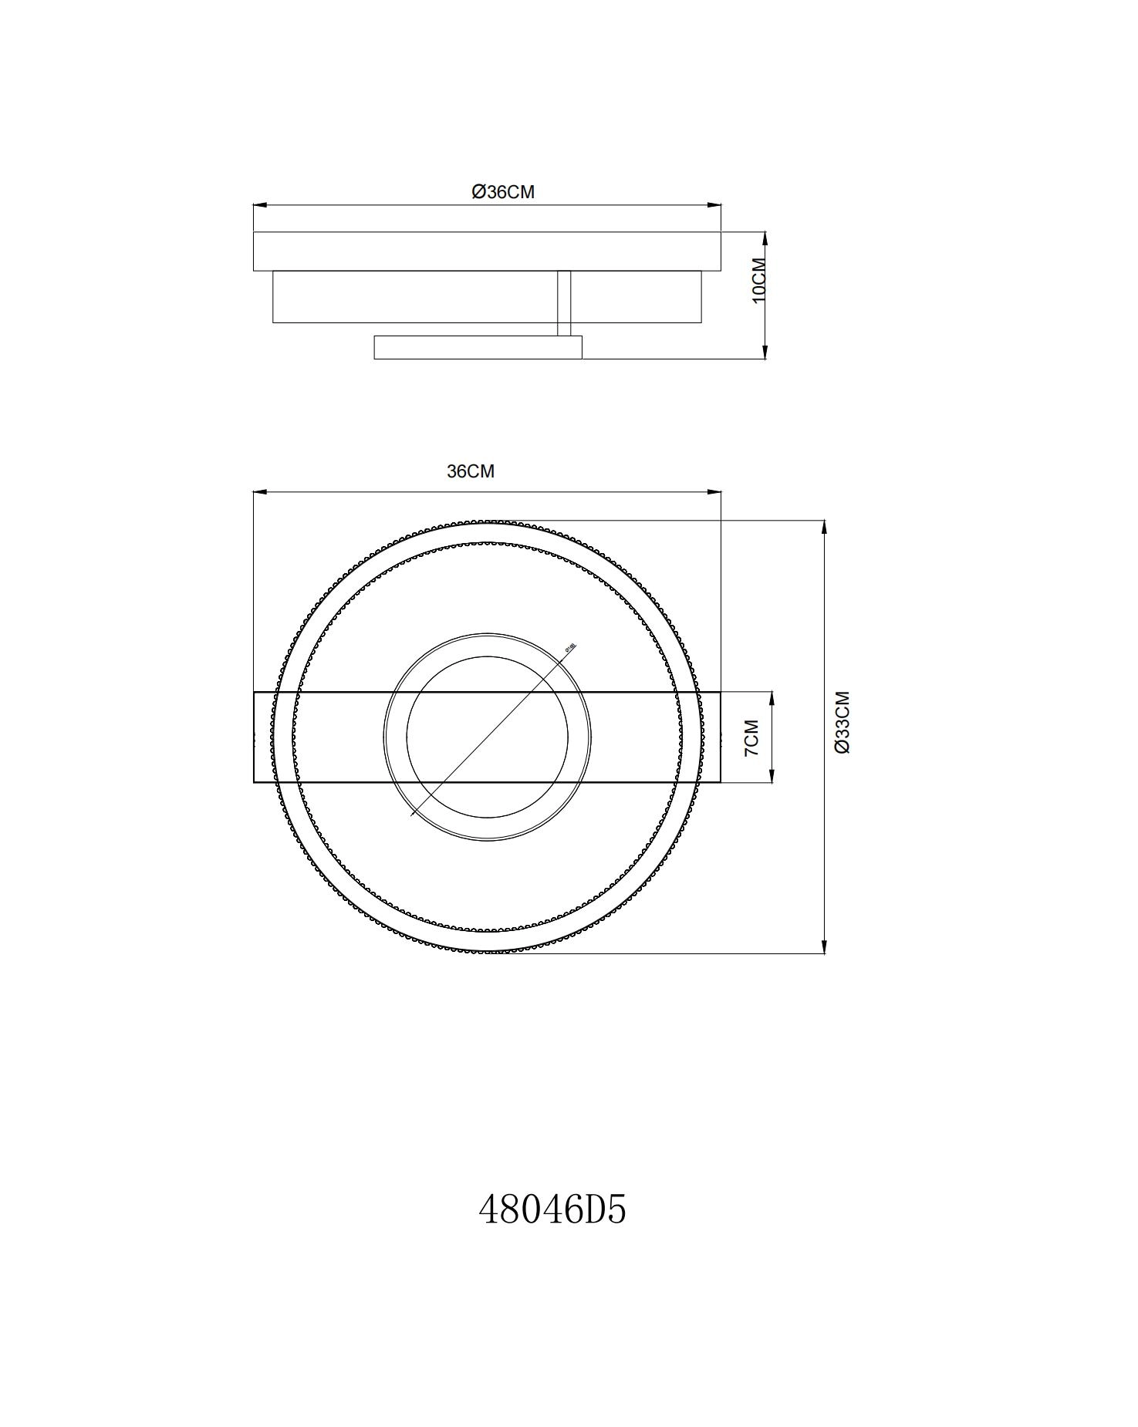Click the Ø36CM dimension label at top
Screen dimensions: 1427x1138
[x=502, y=192]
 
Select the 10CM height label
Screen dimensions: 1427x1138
[x=759, y=280]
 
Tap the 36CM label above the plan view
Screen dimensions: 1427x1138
[x=470, y=471]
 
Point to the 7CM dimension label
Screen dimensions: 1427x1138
[x=751, y=737]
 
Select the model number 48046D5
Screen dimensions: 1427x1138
[x=552, y=1209]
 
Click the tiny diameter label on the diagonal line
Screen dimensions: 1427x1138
[x=570, y=648]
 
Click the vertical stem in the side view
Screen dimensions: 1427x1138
[x=564, y=302]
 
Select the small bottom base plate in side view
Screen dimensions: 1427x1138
[x=478, y=347]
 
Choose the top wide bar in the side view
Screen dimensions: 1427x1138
[x=487, y=251]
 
